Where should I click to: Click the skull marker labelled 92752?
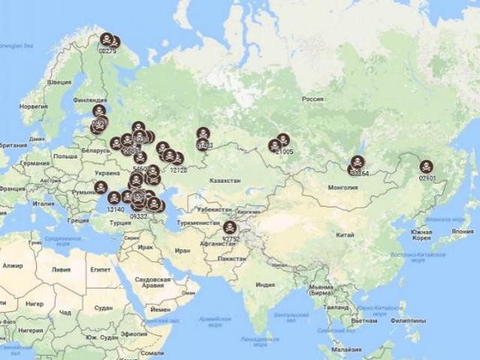(229, 227)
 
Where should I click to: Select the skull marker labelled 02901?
(426, 166)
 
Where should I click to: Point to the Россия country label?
(312, 99)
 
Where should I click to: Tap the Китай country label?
(344, 235)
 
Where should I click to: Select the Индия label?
(265, 285)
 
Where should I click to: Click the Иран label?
(182, 251)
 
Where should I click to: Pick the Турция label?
(120, 223)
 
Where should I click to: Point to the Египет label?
(100, 268)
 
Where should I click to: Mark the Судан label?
(103, 308)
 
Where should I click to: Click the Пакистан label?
(232, 258)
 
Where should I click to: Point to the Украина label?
(105, 173)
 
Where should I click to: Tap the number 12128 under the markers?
(178, 170)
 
